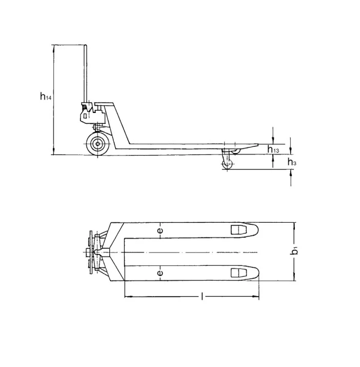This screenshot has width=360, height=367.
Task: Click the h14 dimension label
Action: [45, 96]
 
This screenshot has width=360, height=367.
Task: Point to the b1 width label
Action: [294, 252]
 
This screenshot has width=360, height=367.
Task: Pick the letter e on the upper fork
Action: [160, 231]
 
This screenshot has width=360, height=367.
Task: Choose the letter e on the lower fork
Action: [160, 274]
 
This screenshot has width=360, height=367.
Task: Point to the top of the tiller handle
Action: [85, 46]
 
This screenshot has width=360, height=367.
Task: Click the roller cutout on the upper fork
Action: [237, 229]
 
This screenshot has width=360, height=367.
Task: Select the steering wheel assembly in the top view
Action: [94, 252]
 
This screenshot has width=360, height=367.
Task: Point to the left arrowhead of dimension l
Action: [127, 297]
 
